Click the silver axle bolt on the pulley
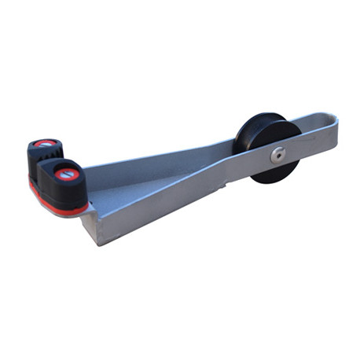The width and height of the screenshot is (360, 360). [x=277, y=155]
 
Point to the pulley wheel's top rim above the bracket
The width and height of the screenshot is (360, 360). [x=268, y=118]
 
